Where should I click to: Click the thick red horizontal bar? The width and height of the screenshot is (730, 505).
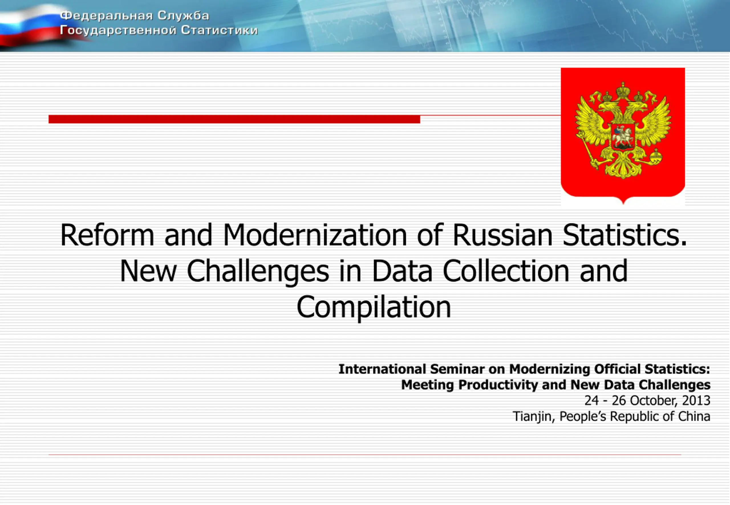click(234, 119)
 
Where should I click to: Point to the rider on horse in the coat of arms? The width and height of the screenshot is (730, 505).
click(622, 137)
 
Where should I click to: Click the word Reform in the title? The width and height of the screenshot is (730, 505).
click(107, 235)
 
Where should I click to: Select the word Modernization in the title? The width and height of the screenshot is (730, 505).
click(315, 235)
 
